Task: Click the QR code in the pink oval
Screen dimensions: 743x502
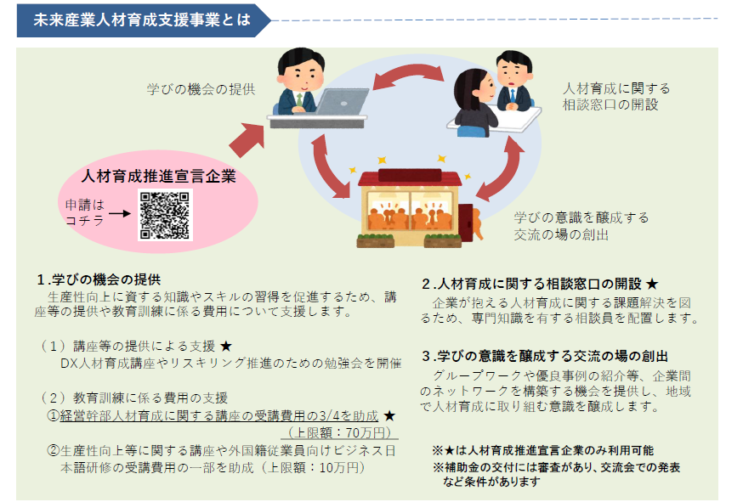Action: coord(164,215)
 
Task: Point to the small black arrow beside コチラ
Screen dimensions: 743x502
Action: coord(119,213)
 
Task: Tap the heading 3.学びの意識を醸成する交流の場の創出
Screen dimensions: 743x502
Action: coord(545,356)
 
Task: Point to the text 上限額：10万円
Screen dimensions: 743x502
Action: coord(314,467)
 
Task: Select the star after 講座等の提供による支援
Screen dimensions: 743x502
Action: coord(225,346)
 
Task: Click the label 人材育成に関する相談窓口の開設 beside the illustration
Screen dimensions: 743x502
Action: coord(615,96)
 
